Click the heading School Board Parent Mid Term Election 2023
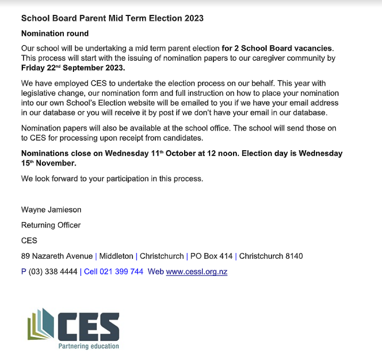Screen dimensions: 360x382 pos(112,18)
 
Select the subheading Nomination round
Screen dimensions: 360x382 pos(55,34)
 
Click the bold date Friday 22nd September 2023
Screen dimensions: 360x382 pos(73,68)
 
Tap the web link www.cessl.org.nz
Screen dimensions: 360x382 pos(196,272)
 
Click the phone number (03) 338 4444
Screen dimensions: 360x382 pos(53,272)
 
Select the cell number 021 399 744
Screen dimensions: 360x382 pos(121,272)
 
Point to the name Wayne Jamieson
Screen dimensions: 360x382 pos(51,210)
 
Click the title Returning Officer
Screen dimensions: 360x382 pos(51,225)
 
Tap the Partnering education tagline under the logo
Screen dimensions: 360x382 pos(88,346)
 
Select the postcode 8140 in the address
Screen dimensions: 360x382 pos(295,256)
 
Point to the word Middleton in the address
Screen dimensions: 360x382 pos(115,256)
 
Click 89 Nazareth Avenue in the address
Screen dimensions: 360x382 pos(57,256)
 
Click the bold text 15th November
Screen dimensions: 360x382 pos(49,164)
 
